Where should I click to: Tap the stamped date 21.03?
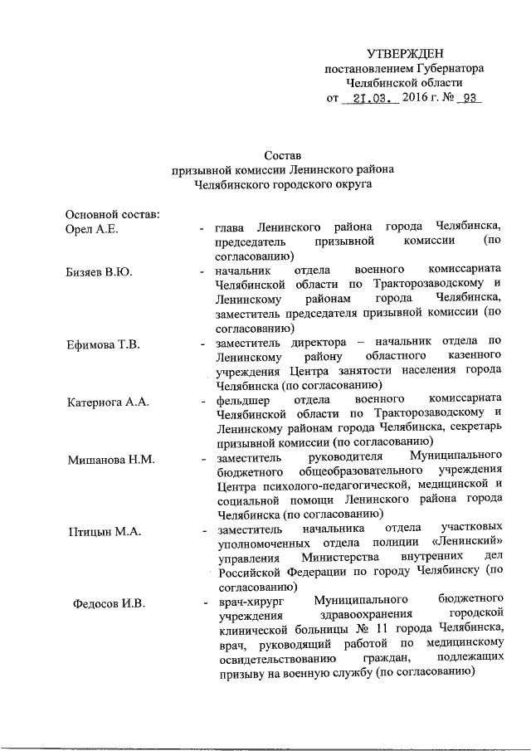(372, 98)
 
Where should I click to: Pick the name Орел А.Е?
(95, 229)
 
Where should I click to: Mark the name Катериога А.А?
(108, 402)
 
